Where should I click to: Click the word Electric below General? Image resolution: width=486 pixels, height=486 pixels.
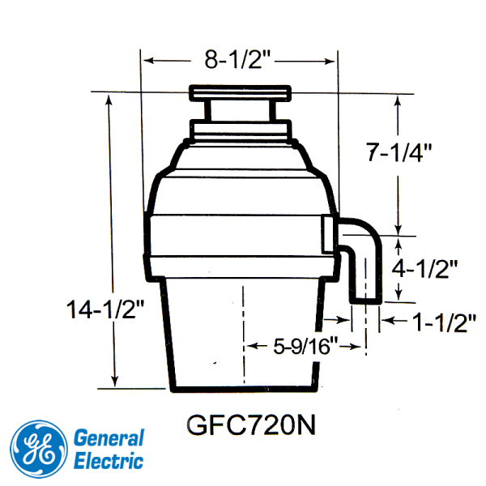pyautogui.click(x=109, y=462)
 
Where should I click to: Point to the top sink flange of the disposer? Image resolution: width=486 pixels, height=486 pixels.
pyautogui.click(x=240, y=94)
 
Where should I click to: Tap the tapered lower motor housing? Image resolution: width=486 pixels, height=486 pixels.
pyautogui.click(x=241, y=332)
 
